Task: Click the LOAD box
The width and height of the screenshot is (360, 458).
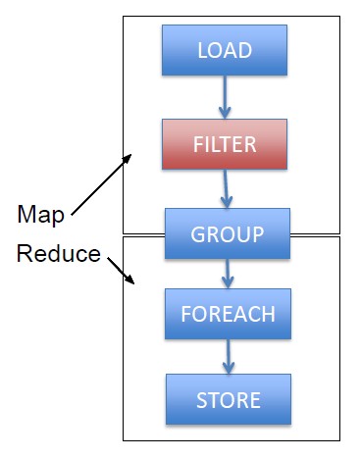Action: [225, 50]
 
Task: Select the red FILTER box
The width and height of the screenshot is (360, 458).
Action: [225, 144]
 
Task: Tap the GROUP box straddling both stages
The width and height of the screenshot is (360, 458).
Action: [228, 233]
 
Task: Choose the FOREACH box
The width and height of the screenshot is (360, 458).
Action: [228, 315]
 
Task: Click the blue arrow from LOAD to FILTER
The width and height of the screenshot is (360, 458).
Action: [225, 95]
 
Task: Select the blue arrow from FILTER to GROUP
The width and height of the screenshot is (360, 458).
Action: [227, 188]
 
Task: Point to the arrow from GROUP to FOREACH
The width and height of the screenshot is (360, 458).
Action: [228, 273]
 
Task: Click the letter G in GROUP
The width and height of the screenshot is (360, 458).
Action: [197, 234]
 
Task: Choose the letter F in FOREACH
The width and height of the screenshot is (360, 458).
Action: [187, 316]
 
